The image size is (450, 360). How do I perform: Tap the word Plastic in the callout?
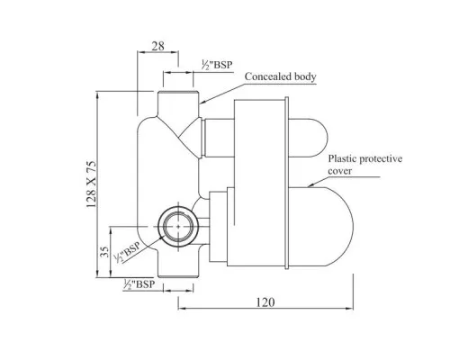(348, 157)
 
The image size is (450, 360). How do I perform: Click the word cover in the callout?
(343, 169)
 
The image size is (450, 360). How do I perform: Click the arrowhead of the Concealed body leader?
(202, 100)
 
